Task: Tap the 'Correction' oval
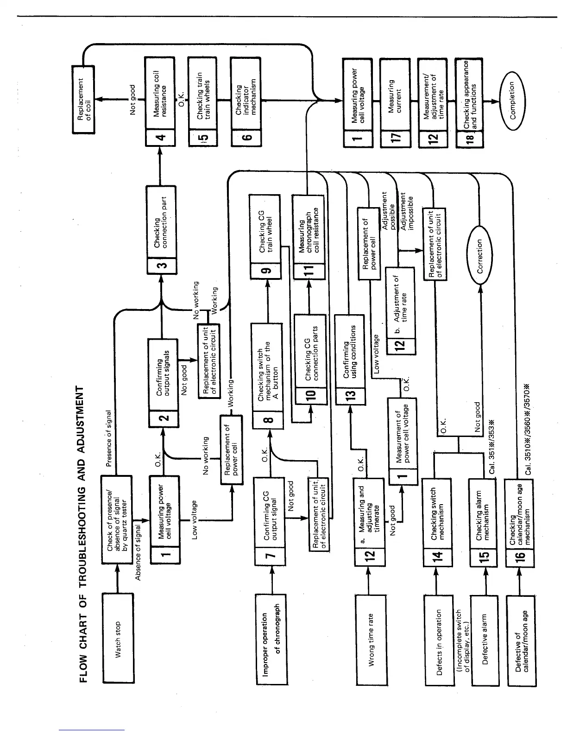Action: (480, 256)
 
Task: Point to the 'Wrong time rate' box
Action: (371, 640)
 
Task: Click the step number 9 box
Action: (265, 270)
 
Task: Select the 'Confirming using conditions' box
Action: (350, 353)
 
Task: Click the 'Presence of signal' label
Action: (108, 437)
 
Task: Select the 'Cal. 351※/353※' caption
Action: (492, 446)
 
